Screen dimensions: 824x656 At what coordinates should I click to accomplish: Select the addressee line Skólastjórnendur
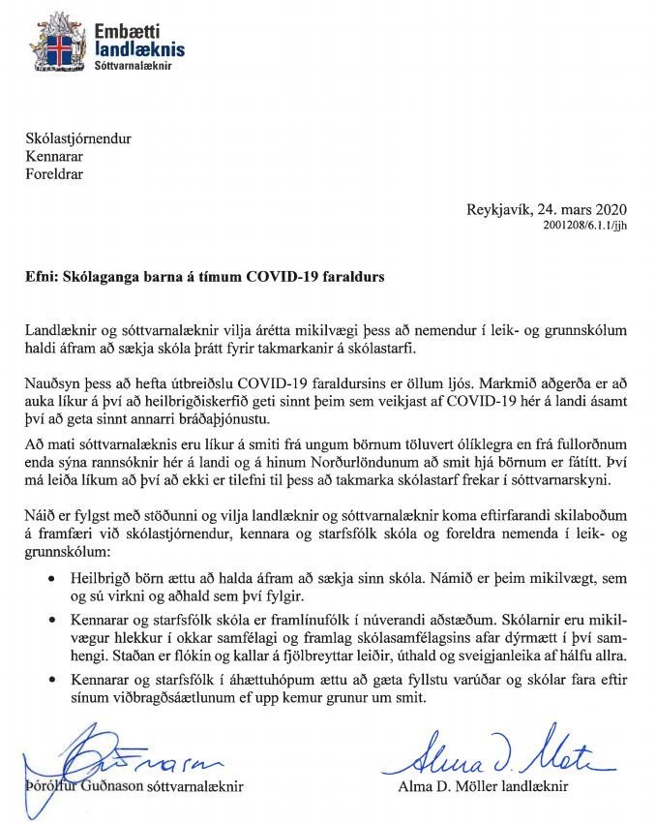coord(77,139)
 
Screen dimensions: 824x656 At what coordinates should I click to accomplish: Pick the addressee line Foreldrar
coord(54,176)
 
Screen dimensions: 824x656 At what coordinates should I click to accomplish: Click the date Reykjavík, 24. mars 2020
coord(547,210)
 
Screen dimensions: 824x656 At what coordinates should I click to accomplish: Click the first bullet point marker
coord(51,578)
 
